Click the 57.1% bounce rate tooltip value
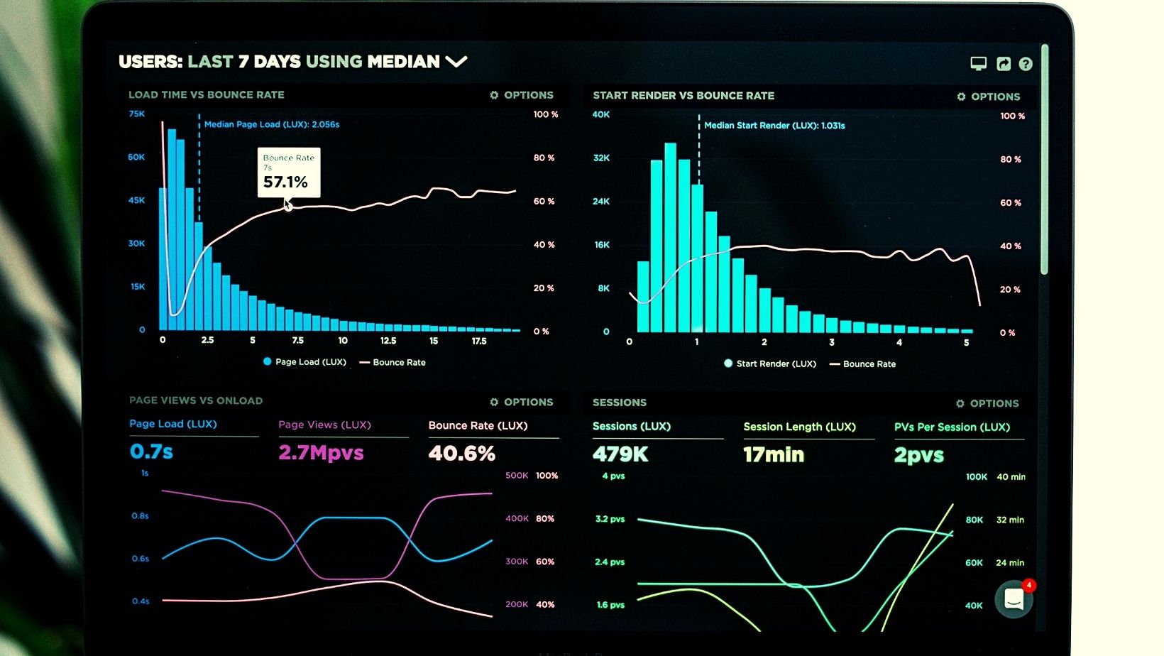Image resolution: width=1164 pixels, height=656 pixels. click(x=285, y=182)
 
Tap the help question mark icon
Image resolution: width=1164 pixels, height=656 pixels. click(x=1026, y=64)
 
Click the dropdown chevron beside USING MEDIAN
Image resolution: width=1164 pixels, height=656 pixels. click(x=456, y=62)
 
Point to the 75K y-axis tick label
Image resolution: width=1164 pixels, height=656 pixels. click(x=136, y=114)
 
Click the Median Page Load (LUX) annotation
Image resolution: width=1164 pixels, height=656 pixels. click(x=272, y=124)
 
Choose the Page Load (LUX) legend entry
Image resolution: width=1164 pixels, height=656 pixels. click(x=304, y=362)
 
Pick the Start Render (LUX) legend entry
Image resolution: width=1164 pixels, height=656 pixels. click(x=770, y=363)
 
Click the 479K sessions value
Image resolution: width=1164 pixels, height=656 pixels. click(x=620, y=454)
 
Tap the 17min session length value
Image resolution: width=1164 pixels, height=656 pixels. click(x=774, y=454)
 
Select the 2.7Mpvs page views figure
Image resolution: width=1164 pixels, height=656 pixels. click(x=321, y=453)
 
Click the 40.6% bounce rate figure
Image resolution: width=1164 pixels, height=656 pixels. click(x=461, y=454)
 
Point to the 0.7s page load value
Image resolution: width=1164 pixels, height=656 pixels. click(x=151, y=452)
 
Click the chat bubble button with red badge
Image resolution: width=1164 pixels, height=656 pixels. click(x=1014, y=600)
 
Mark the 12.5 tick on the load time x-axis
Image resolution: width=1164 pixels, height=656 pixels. click(x=388, y=341)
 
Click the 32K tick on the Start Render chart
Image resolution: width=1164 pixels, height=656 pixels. click(x=601, y=158)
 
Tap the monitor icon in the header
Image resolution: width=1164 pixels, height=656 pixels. click(x=979, y=64)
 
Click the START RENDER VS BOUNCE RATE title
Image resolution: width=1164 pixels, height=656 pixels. click(x=683, y=95)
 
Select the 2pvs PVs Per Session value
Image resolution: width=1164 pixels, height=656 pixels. click(x=919, y=455)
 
